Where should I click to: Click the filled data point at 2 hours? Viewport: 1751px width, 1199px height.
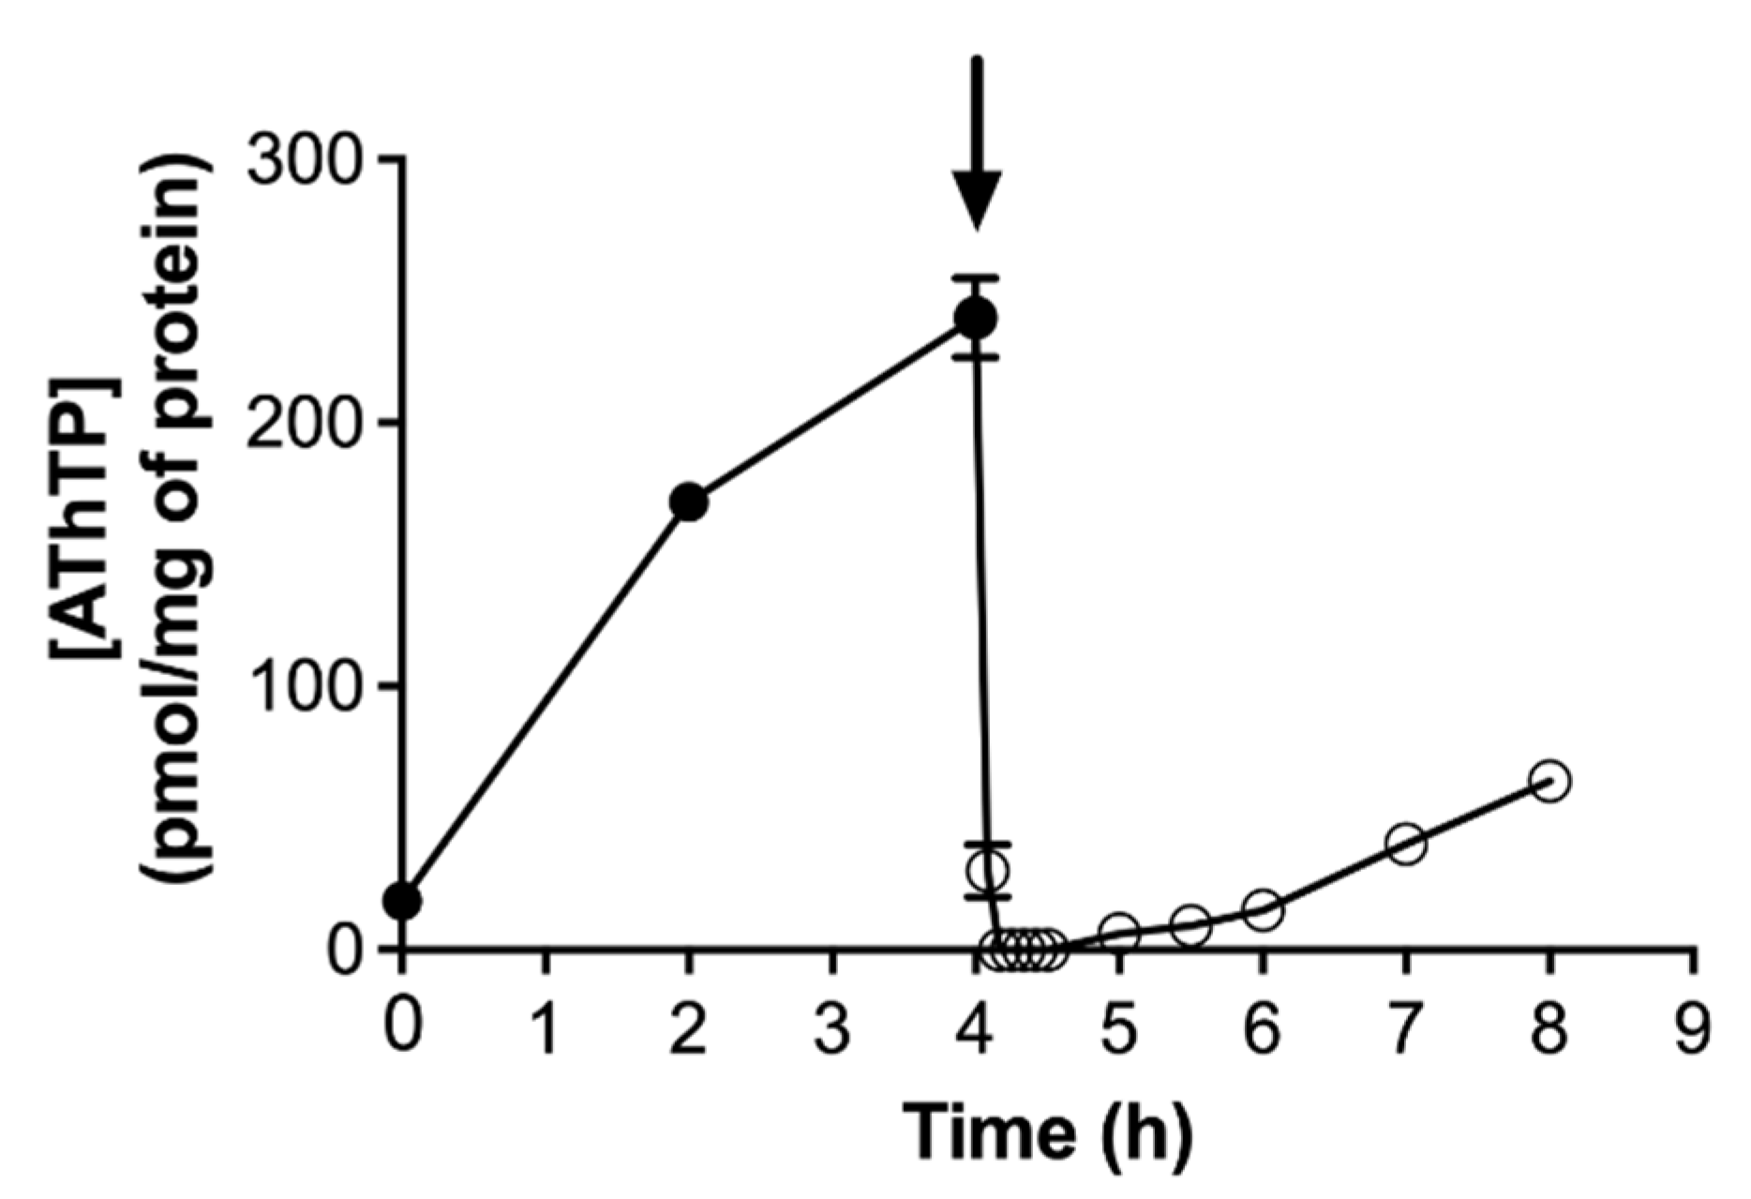689,502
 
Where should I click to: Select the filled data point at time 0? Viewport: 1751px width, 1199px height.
403,900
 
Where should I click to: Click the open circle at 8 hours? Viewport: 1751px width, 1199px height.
1549,781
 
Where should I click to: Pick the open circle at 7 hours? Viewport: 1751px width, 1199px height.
1406,844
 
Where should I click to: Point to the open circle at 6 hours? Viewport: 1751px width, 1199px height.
1263,909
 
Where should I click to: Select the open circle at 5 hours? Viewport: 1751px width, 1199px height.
1119,932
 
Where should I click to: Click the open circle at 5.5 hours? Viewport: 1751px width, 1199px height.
1190,924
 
